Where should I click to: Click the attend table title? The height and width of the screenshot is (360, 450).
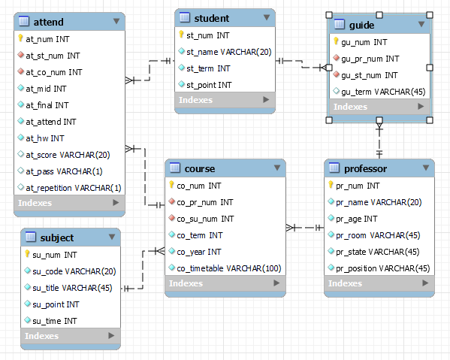(x=49, y=22)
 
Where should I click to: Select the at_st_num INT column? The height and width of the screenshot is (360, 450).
(x=53, y=56)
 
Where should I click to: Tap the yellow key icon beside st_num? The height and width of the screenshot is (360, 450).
(x=181, y=35)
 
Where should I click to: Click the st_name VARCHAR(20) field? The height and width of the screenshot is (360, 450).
(x=228, y=52)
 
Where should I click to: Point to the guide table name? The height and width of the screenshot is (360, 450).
(x=361, y=26)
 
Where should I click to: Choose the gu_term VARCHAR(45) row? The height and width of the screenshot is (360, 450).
(x=383, y=92)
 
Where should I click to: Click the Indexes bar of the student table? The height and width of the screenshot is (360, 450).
(x=225, y=100)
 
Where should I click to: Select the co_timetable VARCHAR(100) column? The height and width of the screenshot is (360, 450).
(x=228, y=268)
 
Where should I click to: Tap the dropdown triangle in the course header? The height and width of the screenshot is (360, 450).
(x=277, y=168)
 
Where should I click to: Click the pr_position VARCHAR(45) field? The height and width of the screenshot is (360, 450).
(x=383, y=268)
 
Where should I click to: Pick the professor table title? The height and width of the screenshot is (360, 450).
(x=365, y=169)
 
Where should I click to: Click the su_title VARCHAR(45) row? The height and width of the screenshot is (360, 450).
(x=72, y=288)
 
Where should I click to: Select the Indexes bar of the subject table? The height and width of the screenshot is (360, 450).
(x=71, y=336)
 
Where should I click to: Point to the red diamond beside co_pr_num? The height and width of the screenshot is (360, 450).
(x=172, y=201)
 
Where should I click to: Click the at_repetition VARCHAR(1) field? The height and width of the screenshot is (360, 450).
(x=74, y=188)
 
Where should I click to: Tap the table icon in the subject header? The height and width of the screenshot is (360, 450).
(x=31, y=237)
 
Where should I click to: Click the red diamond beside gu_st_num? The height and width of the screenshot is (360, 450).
(x=337, y=74)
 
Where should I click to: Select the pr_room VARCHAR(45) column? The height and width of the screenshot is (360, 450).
(x=378, y=235)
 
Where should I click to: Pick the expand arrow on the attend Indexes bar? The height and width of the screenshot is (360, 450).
(x=116, y=203)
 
